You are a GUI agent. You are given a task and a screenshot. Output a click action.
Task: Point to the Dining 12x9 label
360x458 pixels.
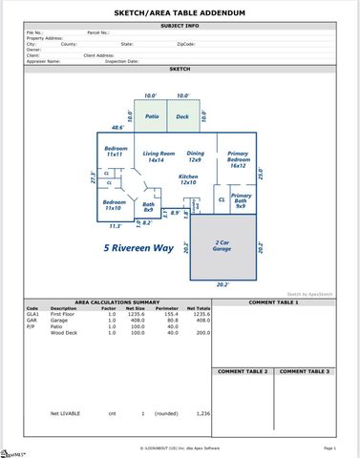pyautogui.click(x=195, y=156)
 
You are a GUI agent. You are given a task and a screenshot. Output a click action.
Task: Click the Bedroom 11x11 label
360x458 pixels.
pyautogui.click(x=116, y=153)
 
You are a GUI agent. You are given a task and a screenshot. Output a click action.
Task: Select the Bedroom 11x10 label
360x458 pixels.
pyautogui.click(x=115, y=205)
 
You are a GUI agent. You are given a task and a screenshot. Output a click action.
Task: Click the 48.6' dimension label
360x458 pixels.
pyautogui.click(x=118, y=127)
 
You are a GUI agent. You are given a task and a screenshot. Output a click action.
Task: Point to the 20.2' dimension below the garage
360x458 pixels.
pyautogui.click(x=222, y=283)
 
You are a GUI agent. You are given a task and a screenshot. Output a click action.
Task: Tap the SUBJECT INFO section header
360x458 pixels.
pyautogui.click(x=180, y=26)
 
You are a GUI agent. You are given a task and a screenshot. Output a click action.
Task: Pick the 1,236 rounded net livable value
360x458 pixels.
pyautogui.click(x=202, y=413)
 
